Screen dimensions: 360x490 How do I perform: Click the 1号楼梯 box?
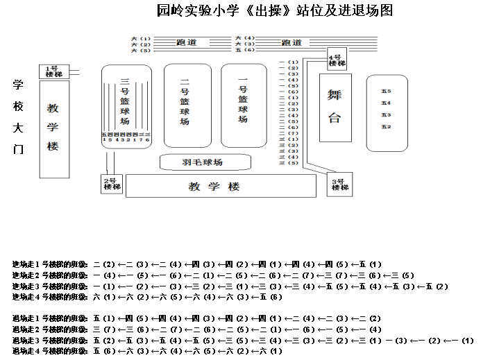[52, 71]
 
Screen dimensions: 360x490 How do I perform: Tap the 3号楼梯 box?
[339, 185]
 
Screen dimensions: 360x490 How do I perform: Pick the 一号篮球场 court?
[243, 104]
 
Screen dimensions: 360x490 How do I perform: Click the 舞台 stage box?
[335, 105]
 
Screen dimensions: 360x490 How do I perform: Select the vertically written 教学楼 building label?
[53, 128]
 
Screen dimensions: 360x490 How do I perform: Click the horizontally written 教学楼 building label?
[214, 187]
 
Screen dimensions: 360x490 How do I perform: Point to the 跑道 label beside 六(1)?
[187, 43]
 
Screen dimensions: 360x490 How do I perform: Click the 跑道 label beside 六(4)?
[292, 43]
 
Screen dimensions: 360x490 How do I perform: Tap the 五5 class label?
[386, 91]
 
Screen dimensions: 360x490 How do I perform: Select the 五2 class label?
[386, 127]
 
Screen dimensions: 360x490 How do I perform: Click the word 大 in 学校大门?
[19, 128]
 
